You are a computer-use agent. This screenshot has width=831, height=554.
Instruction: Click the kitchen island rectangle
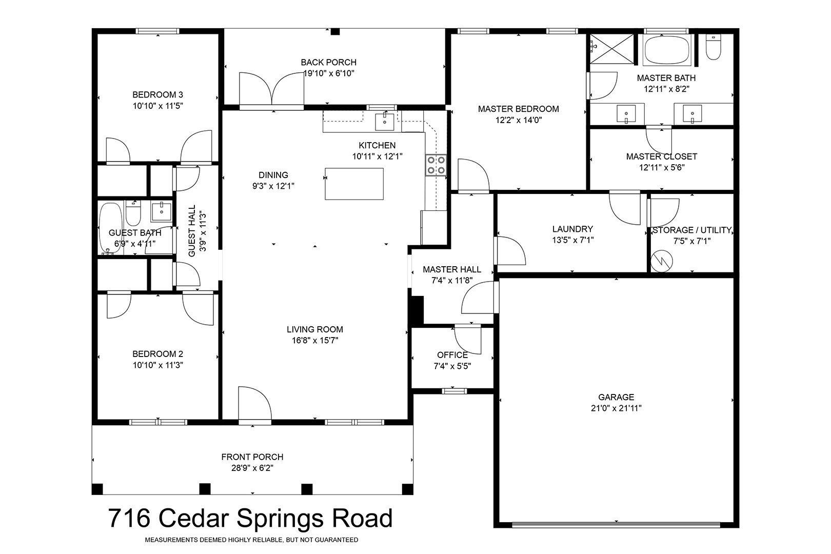(x=354, y=184)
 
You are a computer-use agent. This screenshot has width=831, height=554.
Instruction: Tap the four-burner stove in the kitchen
(x=436, y=165)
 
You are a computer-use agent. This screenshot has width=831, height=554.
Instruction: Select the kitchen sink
(x=385, y=122)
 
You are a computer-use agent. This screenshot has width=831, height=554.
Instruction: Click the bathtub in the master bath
(x=667, y=50)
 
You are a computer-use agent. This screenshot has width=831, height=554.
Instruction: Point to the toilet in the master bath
(x=713, y=47)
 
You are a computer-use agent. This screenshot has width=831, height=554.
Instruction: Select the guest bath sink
(x=162, y=212)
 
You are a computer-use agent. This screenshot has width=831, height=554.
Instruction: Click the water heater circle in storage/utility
(x=661, y=261)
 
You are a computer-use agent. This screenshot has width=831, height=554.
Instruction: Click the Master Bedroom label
(x=518, y=109)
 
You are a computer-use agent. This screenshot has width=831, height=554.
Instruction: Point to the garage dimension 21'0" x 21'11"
(x=616, y=408)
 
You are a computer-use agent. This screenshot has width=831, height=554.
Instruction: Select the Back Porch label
(x=328, y=63)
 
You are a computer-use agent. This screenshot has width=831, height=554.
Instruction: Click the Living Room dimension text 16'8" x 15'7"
(x=315, y=340)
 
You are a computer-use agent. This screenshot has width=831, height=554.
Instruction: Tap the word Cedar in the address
(x=194, y=518)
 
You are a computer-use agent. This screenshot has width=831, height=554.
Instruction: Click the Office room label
(x=452, y=355)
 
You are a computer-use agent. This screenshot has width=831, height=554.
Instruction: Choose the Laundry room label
(x=572, y=229)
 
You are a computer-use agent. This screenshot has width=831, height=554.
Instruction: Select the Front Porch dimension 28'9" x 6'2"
(x=252, y=468)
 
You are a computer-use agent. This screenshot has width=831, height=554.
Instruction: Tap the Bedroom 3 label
(x=157, y=94)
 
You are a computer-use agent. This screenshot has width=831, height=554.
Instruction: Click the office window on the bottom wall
(x=454, y=391)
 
